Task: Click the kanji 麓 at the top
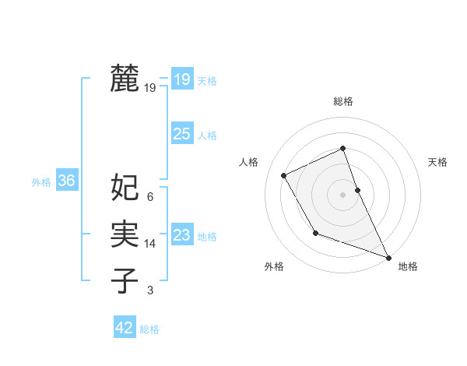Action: click(x=125, y=79)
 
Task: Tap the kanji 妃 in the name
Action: click(x=125, y=187)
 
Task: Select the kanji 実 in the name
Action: click(x=125, y=234)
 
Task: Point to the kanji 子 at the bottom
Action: click(x=125, y=280)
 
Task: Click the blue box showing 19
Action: click(x=181, y=79)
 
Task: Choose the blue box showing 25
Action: click(x=181, y=134)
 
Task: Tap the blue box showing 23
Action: click(x=181, y=235)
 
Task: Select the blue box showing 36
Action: click(x=66, y=181)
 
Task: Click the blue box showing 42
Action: click(x=125, y=328)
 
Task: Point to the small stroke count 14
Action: click(x=150, y=244)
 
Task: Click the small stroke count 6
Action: click(x=149, y=197)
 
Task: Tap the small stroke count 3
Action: click(x=149, y=290)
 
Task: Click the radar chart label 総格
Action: click(x=342, y=102)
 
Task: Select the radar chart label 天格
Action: click(x=437, y=162)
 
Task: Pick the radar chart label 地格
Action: click(x=408, y=266)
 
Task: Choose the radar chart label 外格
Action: click(x=274, y=266)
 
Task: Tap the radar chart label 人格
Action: click(x=248, y=162)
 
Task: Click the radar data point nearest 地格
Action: click(x=388, y=257)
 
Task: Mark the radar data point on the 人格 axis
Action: click(x=284, y=175)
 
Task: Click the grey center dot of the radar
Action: click(x=342, y=194)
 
